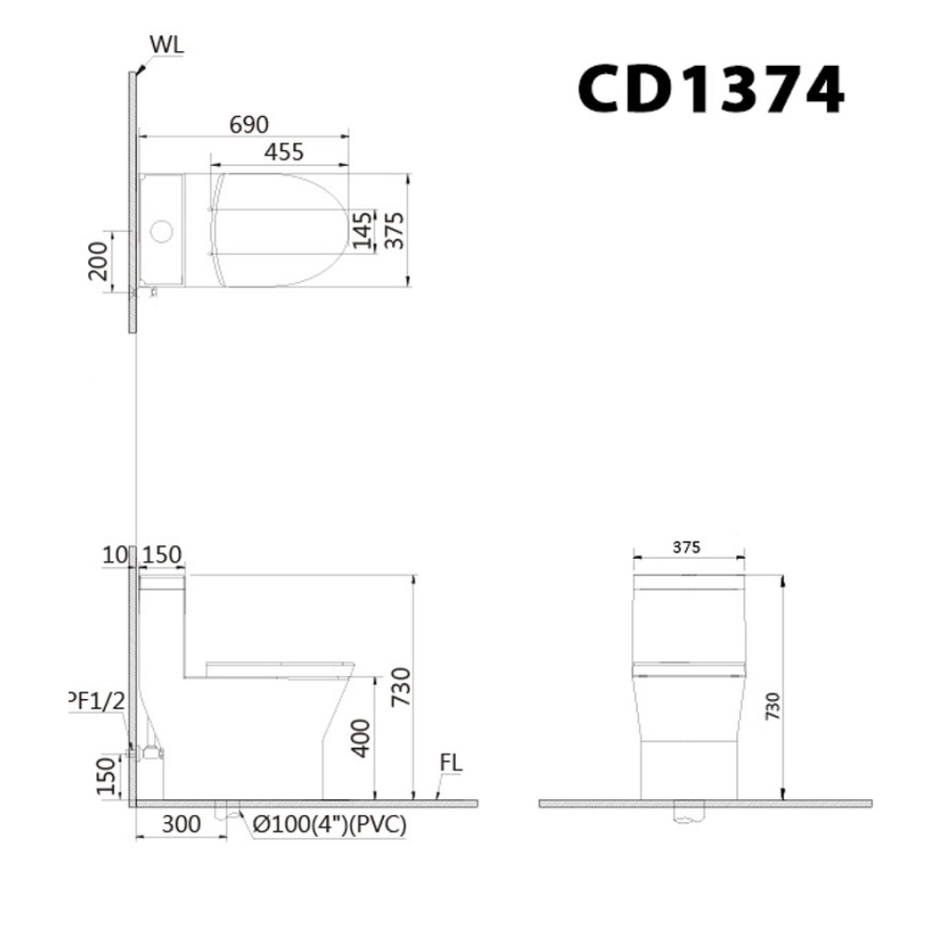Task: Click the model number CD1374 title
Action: (x=711, y=90)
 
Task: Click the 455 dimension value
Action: (x=281, y=152)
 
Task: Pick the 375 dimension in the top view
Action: (x=394, y=226)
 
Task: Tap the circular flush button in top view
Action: (x=162, y=230)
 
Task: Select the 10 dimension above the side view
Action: (x=114, y=556)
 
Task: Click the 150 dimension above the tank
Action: (x=162, y=556)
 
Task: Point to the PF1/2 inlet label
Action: (x=96, y=702)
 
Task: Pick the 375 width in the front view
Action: (x=689, y=548)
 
